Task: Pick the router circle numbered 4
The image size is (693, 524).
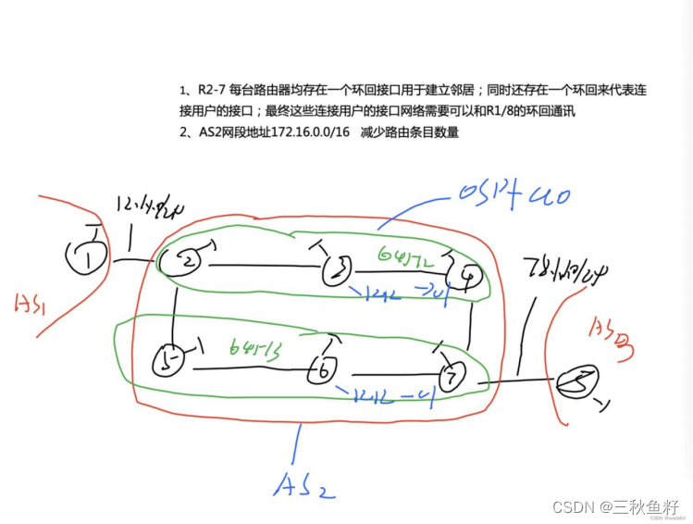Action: click(x=464, y=274)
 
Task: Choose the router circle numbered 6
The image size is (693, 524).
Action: click(x=324, y=369)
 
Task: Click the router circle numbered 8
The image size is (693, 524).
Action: click(x=577, y=381)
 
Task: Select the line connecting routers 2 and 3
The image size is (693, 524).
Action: click(x=263, y=268)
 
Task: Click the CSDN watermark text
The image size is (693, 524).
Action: click(x=616, y=506)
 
